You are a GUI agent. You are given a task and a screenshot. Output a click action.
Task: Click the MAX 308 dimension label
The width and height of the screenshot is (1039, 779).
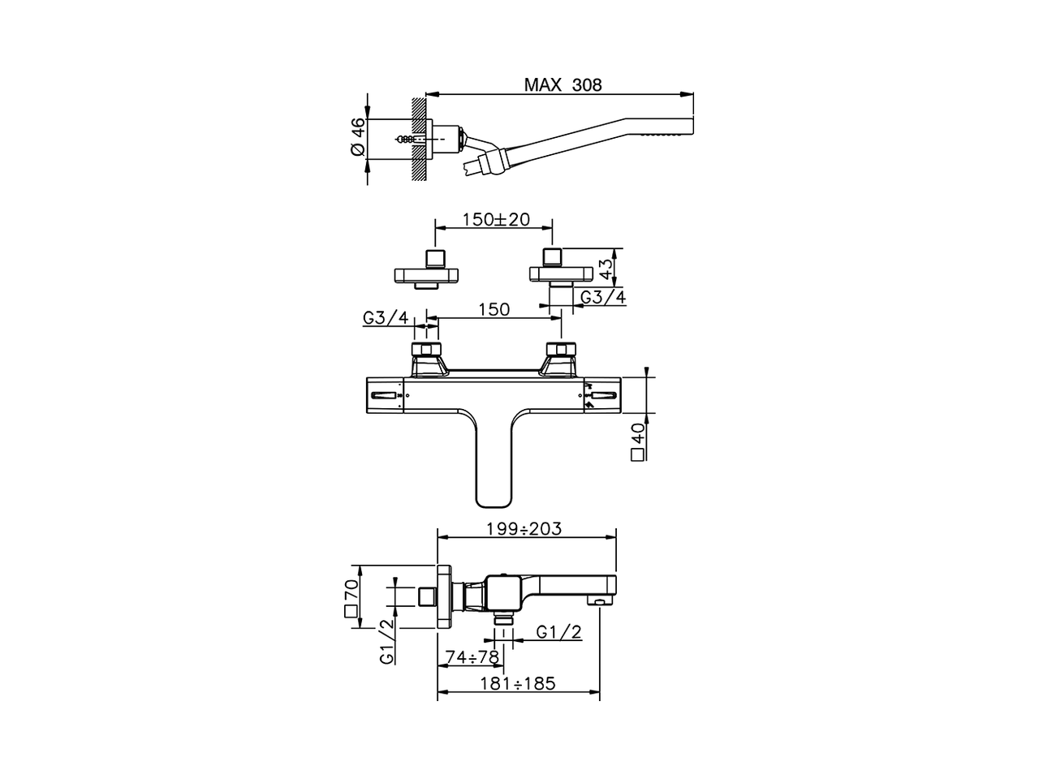click(563, 84)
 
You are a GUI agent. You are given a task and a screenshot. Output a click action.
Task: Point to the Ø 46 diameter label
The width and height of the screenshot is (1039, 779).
click(357, 138)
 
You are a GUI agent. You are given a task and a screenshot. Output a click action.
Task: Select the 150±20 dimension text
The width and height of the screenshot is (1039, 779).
click(495, 220)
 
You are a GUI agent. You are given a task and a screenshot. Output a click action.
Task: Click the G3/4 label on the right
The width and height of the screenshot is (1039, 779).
click(603, 297)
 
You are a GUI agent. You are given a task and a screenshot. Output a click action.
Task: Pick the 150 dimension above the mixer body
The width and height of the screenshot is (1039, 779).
click(494, 309)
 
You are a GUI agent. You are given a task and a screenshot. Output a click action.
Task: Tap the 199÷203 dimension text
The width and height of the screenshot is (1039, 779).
click(524, 529)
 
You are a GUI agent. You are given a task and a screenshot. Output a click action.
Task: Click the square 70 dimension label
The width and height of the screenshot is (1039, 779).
click(352, 599)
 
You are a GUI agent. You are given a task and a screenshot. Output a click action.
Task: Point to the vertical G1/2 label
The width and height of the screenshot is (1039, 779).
click(387, 641)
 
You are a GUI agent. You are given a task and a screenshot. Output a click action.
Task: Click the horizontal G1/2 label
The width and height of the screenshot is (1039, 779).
click(559, 633)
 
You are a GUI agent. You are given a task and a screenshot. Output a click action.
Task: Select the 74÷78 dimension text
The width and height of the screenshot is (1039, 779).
click(472, 656)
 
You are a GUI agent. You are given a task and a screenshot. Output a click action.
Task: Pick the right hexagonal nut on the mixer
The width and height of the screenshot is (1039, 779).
click(559, 351)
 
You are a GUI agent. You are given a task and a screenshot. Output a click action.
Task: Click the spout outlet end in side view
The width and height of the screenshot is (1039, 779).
click(601, 600)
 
